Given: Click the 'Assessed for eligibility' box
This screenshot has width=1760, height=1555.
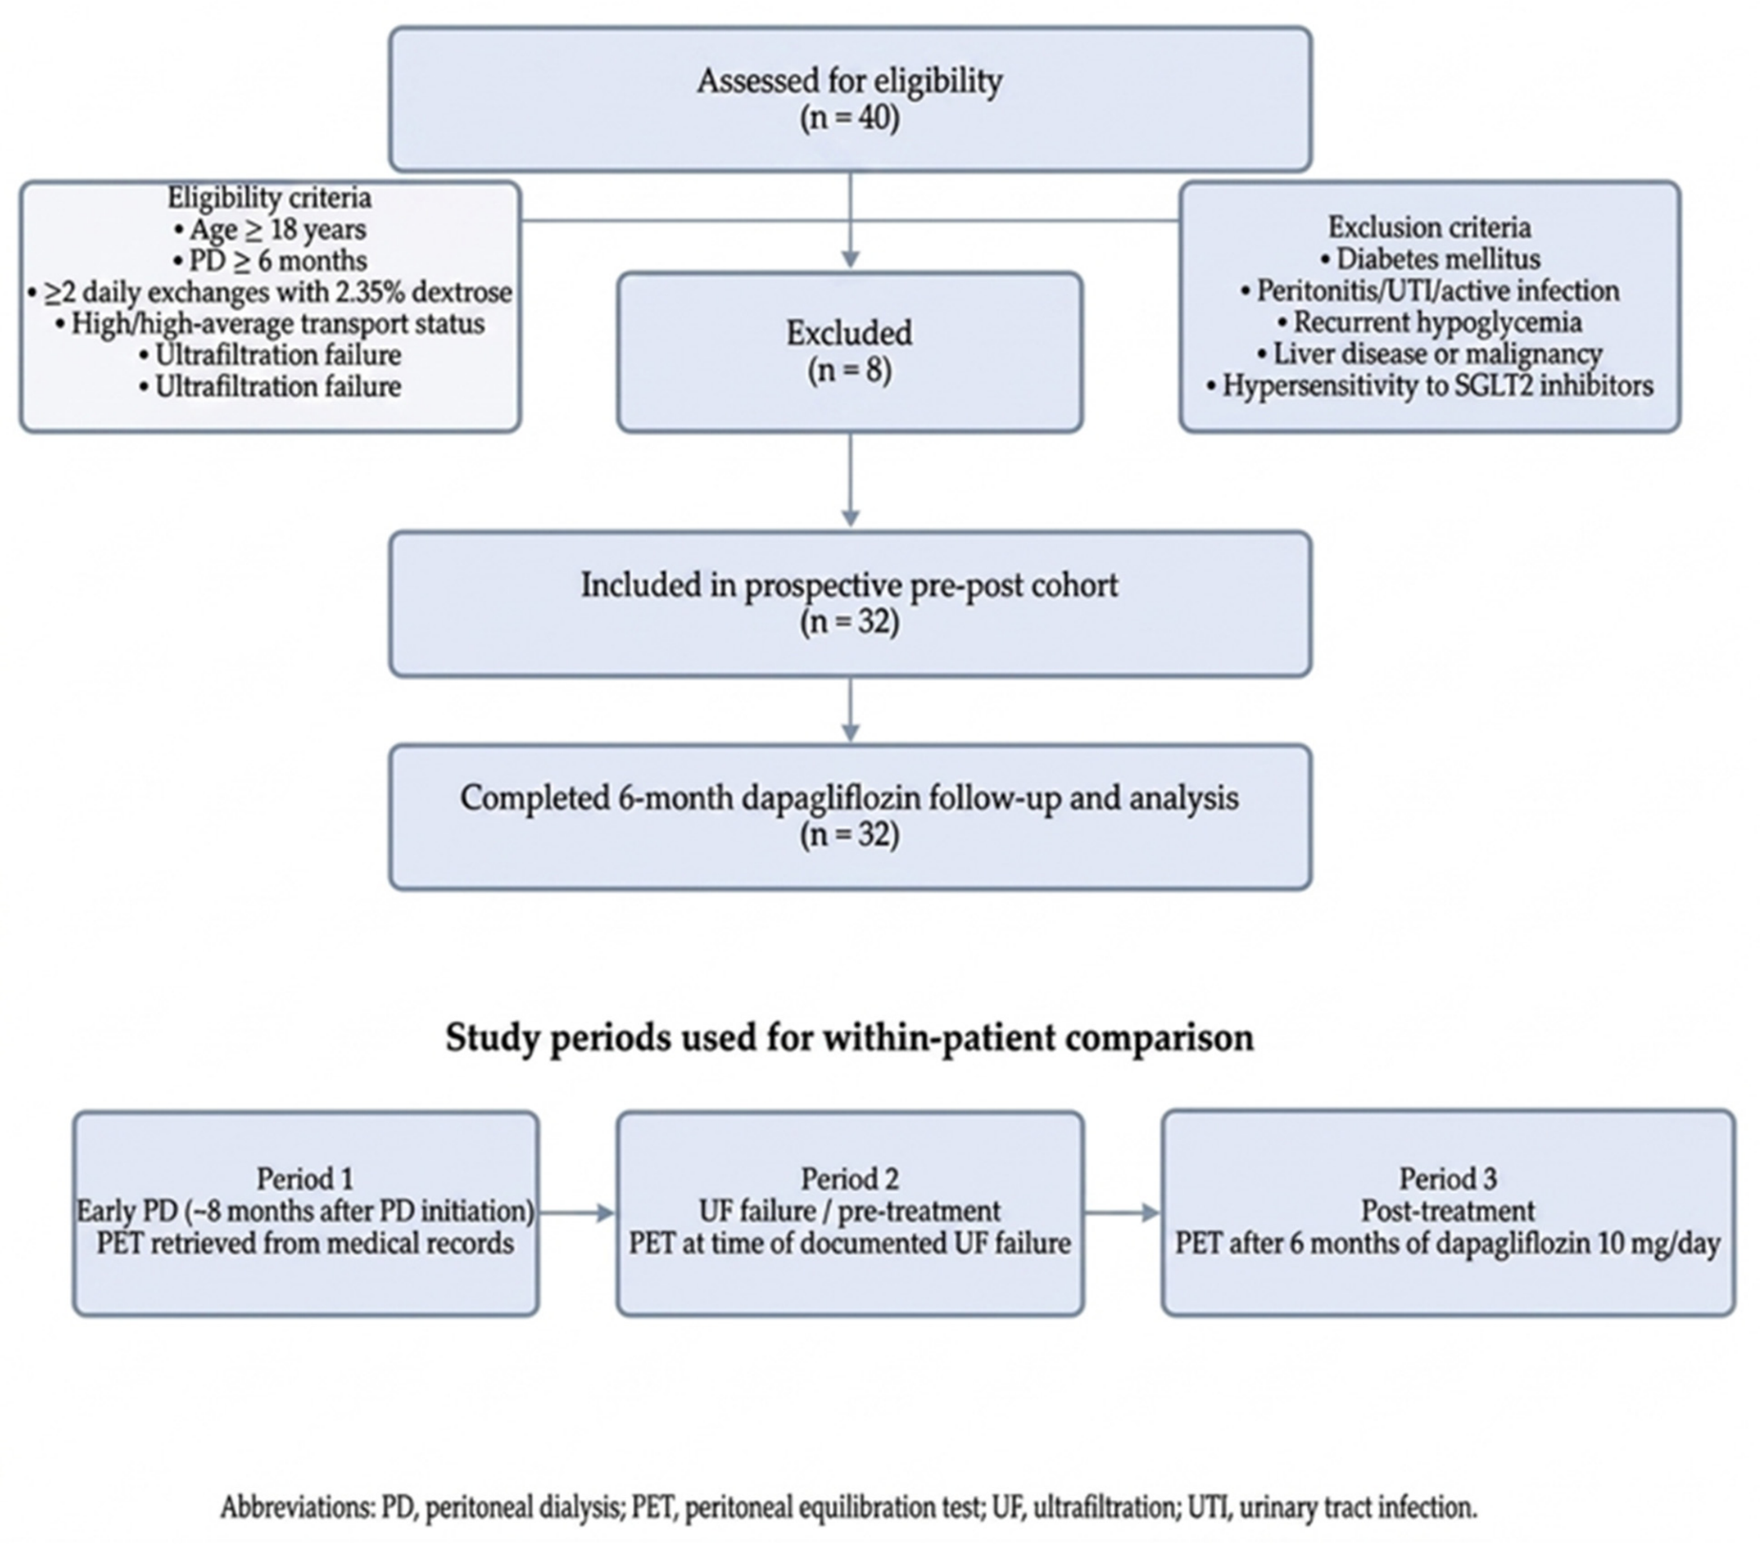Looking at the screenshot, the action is pos(849,99).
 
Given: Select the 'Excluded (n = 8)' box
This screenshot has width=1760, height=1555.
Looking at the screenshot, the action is pos(849,352).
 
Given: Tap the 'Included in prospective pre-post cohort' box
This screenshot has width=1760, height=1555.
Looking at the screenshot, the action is pos(849,605).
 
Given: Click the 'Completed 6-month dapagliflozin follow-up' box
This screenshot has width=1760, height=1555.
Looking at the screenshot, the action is pos(849,818).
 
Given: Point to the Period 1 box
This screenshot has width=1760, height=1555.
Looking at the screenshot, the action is pos(306,1213).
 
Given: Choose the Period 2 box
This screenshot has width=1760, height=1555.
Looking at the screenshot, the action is pos(849,1213).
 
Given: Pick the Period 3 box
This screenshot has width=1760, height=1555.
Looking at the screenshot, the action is pos(1449,1213).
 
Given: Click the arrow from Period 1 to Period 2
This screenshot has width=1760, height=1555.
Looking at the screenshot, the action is pos(577,1213).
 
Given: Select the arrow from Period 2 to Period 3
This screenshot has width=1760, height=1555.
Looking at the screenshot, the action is pos(1123,1213).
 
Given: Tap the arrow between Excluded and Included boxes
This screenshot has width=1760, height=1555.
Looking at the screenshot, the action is pos(849,480).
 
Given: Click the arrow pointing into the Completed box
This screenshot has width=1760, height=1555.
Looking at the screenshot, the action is pos(849,710).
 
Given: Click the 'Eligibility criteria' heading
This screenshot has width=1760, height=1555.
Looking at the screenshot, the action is pos(269,198).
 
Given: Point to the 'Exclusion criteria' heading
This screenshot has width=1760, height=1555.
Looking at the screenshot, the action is pos(1429,227).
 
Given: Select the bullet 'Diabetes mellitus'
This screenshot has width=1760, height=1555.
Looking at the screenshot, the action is pos(1429,259).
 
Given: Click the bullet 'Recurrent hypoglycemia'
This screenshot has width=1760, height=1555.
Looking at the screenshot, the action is pos(1429,322).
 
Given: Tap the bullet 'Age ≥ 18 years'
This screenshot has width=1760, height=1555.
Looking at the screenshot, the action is pos(269,229).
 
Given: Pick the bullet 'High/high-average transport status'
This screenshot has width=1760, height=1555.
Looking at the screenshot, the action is pos(269,324).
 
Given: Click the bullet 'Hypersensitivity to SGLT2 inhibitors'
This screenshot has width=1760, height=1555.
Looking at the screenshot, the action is pos(1429,385).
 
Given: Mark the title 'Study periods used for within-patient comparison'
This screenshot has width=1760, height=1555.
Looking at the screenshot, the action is pos(849,1037).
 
